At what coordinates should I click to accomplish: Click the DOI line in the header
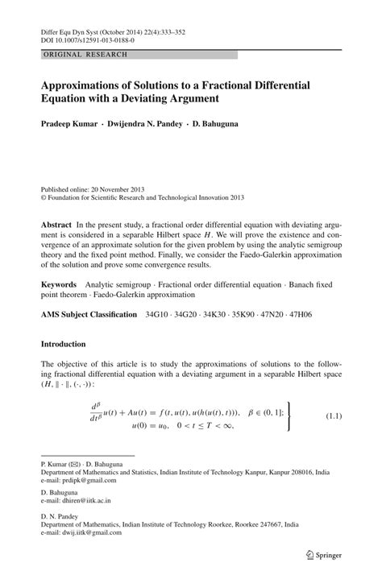(88, 38)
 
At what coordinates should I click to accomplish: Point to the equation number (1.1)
(334, 416)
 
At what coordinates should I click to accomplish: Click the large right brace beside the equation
(286, 416)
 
